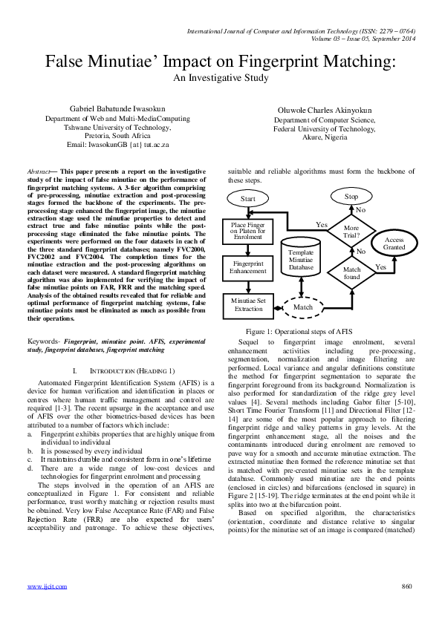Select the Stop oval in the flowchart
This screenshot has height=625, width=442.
[351, 197]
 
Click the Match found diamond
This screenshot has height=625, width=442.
[351, 272]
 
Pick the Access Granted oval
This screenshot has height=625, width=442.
[394, 244]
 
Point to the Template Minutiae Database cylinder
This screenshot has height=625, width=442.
[301, 259]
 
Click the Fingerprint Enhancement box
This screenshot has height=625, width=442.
[248, 267]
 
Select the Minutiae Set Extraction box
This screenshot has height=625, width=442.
[248, 304]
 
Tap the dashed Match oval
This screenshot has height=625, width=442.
[303, 307]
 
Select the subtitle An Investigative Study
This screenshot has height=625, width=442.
[220, 76]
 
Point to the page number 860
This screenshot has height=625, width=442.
[406, 606]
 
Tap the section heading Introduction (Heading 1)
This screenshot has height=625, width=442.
[121, 370]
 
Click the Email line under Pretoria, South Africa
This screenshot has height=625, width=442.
[117, 145]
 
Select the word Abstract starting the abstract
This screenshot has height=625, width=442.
[38, 171]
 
